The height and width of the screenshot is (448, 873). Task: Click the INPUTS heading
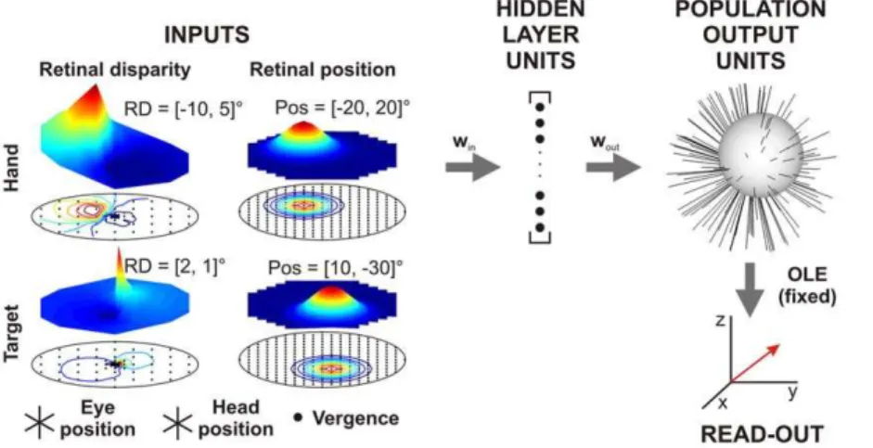(207, 35)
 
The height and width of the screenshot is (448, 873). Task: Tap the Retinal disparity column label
(115, 70)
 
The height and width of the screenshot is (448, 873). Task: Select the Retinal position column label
(322, 70)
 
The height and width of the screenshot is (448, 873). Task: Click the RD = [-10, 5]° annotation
(183, 108)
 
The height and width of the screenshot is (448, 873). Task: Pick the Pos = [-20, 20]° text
(342, 108)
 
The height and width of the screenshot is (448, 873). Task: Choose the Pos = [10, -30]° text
(335, 268)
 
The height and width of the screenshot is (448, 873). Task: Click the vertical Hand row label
(11, 168)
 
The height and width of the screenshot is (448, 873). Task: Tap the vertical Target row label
(11, 333)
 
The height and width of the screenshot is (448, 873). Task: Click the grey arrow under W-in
(473, 166)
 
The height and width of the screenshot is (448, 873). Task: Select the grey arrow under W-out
(613, 166)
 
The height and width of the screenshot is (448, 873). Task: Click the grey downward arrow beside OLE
(750, 289)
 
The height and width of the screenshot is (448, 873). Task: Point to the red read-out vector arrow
(755, 364)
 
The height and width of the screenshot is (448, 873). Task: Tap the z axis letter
(721, 321)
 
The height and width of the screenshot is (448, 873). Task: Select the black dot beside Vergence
(298, 416)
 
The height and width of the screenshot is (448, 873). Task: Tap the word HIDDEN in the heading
(541, 9)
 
